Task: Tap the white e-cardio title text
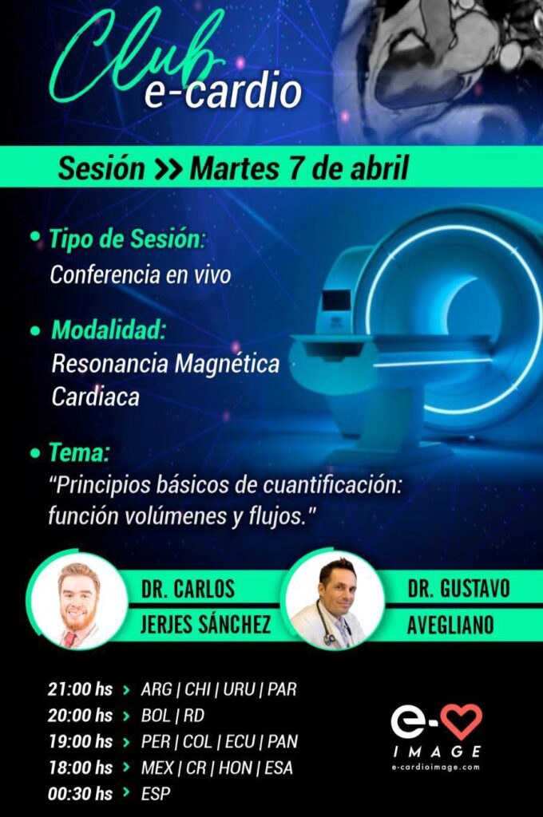(223, 92)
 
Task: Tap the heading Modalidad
(109, 330)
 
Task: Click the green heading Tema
(79, 452)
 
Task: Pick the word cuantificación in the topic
(333, 485)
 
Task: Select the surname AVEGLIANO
(450, 625)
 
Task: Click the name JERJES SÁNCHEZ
(205, 623)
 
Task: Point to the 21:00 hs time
(81, 689)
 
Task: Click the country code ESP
(156, 794)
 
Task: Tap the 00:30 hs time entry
(81, 794)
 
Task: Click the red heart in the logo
(461, 721)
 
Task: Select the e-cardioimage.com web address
(435, 767)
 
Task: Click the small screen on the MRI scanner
(336, 302)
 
